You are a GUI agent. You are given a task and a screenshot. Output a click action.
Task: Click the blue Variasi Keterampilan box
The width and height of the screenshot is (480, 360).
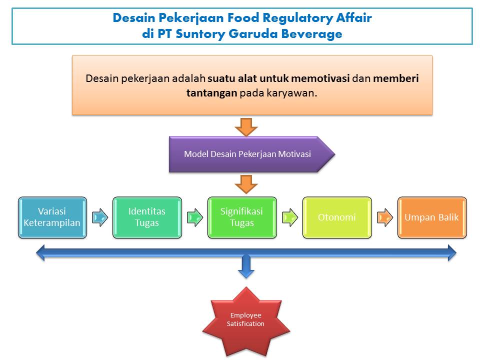click(52, 217)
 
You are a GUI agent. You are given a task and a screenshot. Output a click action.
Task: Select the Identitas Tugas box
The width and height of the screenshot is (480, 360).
click(147, 217)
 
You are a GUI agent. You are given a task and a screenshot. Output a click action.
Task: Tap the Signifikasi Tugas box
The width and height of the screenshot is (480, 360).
click(242, 217)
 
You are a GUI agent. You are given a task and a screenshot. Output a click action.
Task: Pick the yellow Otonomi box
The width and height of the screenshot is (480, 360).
click(337, 217)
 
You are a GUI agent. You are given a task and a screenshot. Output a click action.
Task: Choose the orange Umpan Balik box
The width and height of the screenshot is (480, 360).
click(432, 217)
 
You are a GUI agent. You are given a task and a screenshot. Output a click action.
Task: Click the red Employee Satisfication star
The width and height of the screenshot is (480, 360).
click(246, 321)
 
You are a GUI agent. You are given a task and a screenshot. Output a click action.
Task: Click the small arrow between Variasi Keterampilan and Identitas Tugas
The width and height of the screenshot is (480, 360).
click(100, 217)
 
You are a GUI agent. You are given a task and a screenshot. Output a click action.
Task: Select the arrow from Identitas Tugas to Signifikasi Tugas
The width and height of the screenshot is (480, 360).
click(195, 217)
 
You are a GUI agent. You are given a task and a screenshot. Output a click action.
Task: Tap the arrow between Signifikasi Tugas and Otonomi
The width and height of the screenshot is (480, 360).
click(290, 217)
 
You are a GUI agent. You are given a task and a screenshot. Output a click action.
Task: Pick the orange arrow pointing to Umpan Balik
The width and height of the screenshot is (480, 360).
click(385, 217)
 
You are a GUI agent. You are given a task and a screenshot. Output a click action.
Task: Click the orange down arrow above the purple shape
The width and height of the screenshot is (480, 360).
click(246, 127)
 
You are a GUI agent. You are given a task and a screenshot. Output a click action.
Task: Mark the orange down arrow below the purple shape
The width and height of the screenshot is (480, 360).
click(246, 184)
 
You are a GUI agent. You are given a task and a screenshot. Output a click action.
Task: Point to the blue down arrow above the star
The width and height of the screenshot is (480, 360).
click(246, 267)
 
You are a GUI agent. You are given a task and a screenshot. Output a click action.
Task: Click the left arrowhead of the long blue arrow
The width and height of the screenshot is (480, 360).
click(40, 253)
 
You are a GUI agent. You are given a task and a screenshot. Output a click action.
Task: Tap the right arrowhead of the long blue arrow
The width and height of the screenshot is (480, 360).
click(452, 253)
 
